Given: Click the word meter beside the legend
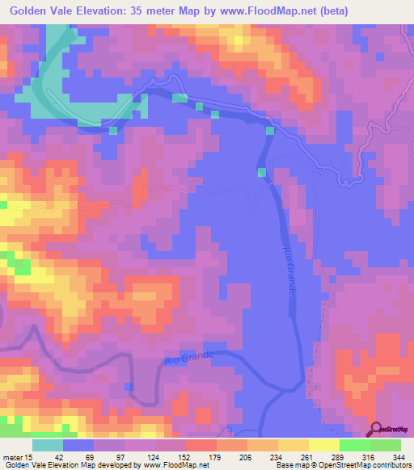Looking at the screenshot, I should click(x=11, y=456).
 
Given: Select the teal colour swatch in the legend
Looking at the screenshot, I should click(x=48, y=445).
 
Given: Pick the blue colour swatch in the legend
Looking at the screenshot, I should click(x=78, y=445).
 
